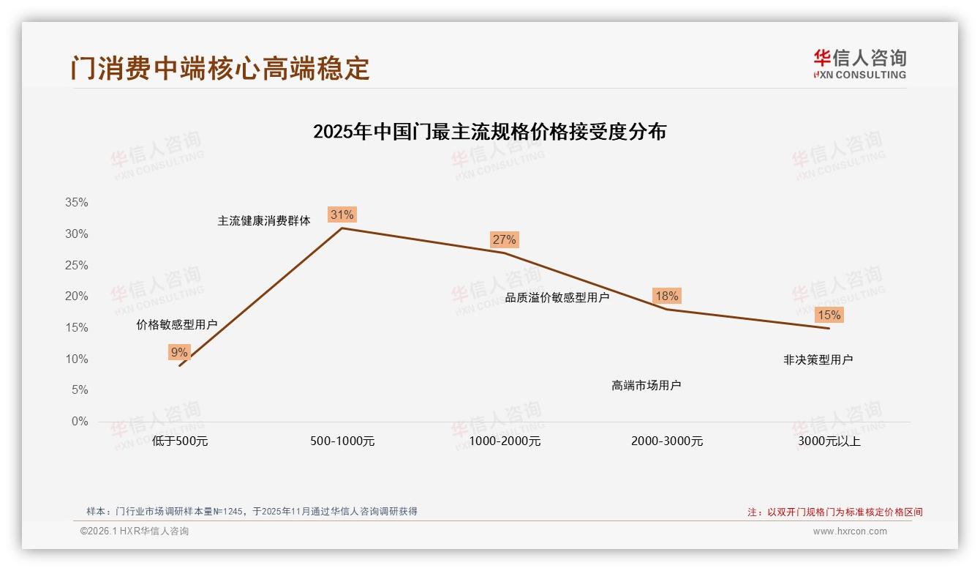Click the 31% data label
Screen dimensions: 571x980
(342, 214)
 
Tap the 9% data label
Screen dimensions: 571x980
(179, 352)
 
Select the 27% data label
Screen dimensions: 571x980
(504, 239)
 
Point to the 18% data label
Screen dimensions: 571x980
(666, 296)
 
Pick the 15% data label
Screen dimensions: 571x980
(829, 316)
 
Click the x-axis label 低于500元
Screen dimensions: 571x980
(180, 441)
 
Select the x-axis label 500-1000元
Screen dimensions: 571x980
(342, 441)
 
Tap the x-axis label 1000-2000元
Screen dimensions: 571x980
(505, 441)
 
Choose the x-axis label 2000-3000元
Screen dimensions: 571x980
(667, 441)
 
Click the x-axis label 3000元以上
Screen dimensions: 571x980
(829, 441)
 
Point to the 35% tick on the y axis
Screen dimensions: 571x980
(76, 203)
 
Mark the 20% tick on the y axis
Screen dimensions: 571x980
(76, 296)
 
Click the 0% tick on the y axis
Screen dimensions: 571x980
(79, 422)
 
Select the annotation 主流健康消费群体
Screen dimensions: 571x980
(264, 220)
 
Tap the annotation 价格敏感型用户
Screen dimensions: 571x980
(177, 324)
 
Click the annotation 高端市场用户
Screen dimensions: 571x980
(647, 385)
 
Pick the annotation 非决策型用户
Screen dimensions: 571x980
(818, 359)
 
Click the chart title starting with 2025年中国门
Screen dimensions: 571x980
(489, 132)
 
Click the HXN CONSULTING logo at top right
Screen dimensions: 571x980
(859, 64)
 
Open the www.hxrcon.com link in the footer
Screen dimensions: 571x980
(850, 531)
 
